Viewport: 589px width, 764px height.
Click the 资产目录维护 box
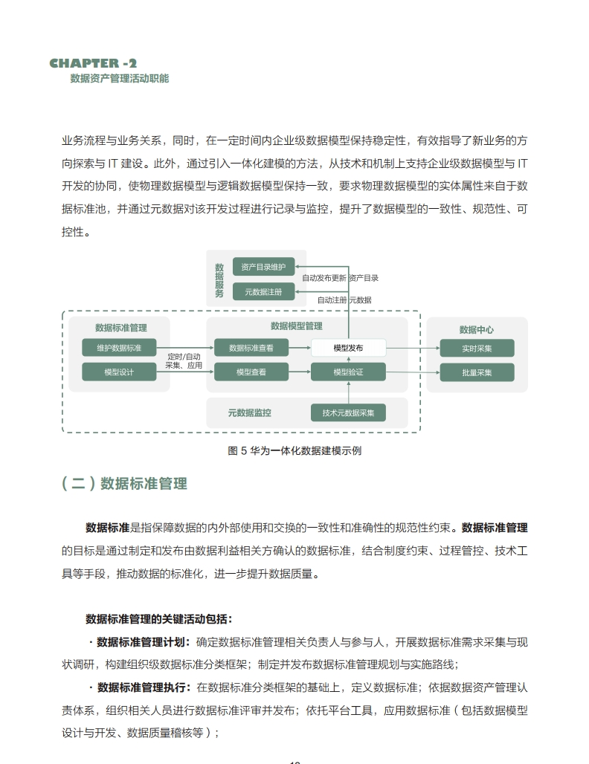pos(263,267)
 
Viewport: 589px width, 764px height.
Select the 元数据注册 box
pos(263,292)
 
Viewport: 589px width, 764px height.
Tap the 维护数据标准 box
pos(119,348)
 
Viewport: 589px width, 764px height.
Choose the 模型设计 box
pos(119,372)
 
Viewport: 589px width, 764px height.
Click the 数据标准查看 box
pos(251,348)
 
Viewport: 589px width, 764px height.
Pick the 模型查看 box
pos(251,372)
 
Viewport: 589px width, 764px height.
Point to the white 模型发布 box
pos(348,348)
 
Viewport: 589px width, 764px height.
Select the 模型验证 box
pos(348,372)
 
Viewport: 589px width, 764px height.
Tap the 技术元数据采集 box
pos(348,412)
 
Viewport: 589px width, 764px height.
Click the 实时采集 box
pos(477,348)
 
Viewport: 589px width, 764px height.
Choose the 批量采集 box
pos(477,372)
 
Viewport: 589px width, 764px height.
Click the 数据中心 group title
pos(477,329)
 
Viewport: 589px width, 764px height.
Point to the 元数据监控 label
pos(249,412)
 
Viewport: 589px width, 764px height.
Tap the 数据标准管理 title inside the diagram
pos(120,328)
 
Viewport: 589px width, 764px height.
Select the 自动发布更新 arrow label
pos(324,278)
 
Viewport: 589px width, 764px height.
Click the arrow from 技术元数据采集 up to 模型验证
pos(348,392)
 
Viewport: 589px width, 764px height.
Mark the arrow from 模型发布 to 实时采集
pos(413,348)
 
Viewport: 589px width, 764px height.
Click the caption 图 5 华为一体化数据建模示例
pos(294,450)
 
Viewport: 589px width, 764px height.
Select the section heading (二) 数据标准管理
pos(124,484)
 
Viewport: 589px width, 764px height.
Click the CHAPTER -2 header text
pos(93,64)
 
